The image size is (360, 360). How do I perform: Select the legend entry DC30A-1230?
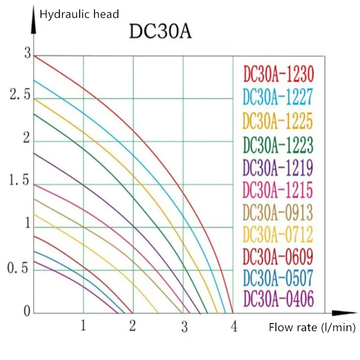tap(278, 74)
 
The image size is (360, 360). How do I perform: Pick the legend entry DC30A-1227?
tap(278, 96)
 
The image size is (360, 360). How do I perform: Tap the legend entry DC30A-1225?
tap(278, 121)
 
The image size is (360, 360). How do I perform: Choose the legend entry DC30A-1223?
tap(278, 145)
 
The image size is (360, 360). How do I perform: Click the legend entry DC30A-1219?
tap(278, 168)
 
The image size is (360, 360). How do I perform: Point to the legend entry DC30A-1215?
tap(278, 190)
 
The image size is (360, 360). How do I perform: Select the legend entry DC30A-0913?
tap(278, 211)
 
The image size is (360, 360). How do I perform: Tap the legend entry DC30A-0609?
tap(278, 256)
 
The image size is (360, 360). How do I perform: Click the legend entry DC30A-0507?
tap(278, 278)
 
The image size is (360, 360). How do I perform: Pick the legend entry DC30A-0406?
tap(278, 298)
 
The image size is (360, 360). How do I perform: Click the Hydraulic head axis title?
tap(80, 14)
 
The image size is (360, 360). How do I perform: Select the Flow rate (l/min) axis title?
tap(312, 328)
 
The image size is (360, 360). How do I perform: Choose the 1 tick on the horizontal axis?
tap(83, 325)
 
